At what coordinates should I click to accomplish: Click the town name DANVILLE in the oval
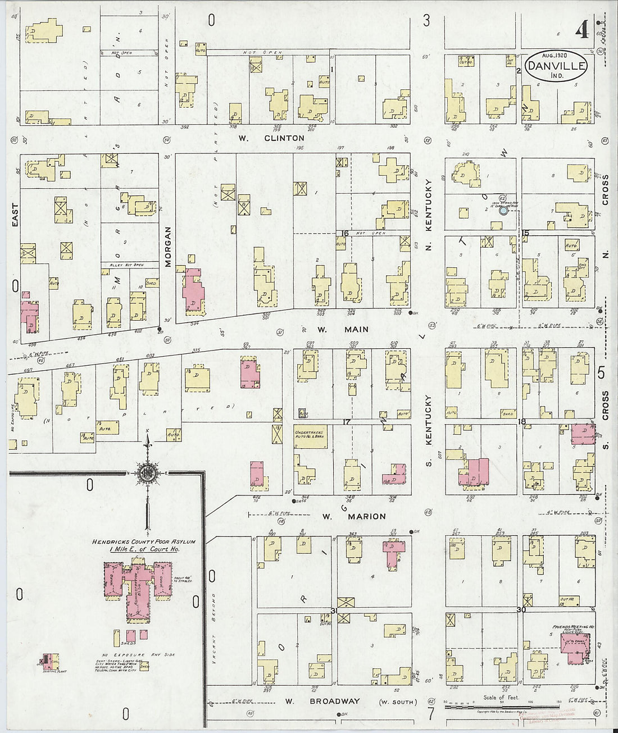click(x=556, y=66)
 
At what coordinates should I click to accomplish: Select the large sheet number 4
click(x=581, y=31)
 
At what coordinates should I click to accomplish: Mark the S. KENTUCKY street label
click(x=428, y=420)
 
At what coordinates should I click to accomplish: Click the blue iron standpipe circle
click(x=503, y=211)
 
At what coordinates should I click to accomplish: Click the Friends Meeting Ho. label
click(x=570, y=625)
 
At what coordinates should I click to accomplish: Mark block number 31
click(x=334, y=611)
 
